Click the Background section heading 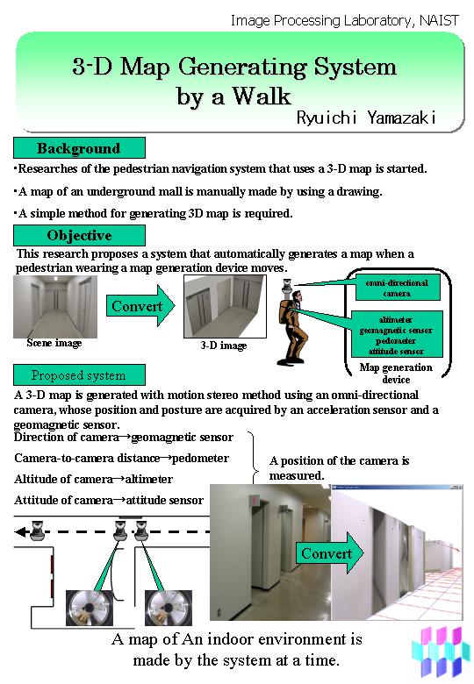pos(79,148)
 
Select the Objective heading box pos(79,235)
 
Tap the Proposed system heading pos(79,375)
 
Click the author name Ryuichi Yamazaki pos(366,118)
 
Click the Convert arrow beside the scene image pos(140,306)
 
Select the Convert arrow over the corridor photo pos(329,552)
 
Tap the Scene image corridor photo pos(55,307)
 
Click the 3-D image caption pos(224,346)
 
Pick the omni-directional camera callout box pos(397,288)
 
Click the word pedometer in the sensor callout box pos(396,341)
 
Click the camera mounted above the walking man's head pos(287,285)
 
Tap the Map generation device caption pos(396,374)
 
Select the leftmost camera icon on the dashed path pos(38,531)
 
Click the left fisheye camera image pos(90,608)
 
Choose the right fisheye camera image pos(168,608)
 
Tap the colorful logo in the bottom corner pos(438,652)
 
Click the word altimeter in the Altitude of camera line pos(149,479)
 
